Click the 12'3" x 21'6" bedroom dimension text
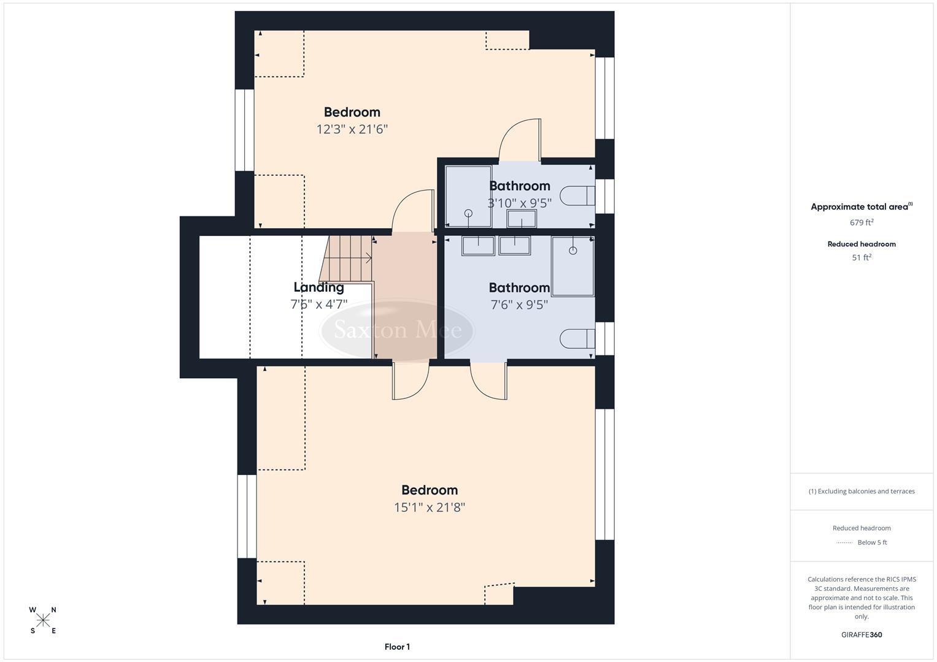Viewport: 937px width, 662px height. tap(352, 129)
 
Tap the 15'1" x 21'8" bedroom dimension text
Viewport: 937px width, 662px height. tap(430, 508)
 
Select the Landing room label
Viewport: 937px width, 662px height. tap(318, 287)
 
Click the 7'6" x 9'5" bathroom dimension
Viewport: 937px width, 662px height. tap(519, 305)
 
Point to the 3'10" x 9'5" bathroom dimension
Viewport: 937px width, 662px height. tap(519, 203)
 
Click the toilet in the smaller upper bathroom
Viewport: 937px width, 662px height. tap(578, 196)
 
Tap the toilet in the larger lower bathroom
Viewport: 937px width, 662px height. tap(577, 338)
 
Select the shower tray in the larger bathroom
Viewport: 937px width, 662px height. tap(573, 266)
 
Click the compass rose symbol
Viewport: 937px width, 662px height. tap(43, 620)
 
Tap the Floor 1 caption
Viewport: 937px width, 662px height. tap(397, 647)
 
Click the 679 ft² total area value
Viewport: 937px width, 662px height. tap(862, 223)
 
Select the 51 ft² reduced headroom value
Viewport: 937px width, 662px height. tap(862, 257)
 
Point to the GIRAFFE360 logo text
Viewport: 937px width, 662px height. tap(862, 634)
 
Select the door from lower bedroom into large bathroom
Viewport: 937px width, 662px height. tap(489, 381)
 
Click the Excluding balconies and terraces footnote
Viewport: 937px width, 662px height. tap(862, 491)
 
